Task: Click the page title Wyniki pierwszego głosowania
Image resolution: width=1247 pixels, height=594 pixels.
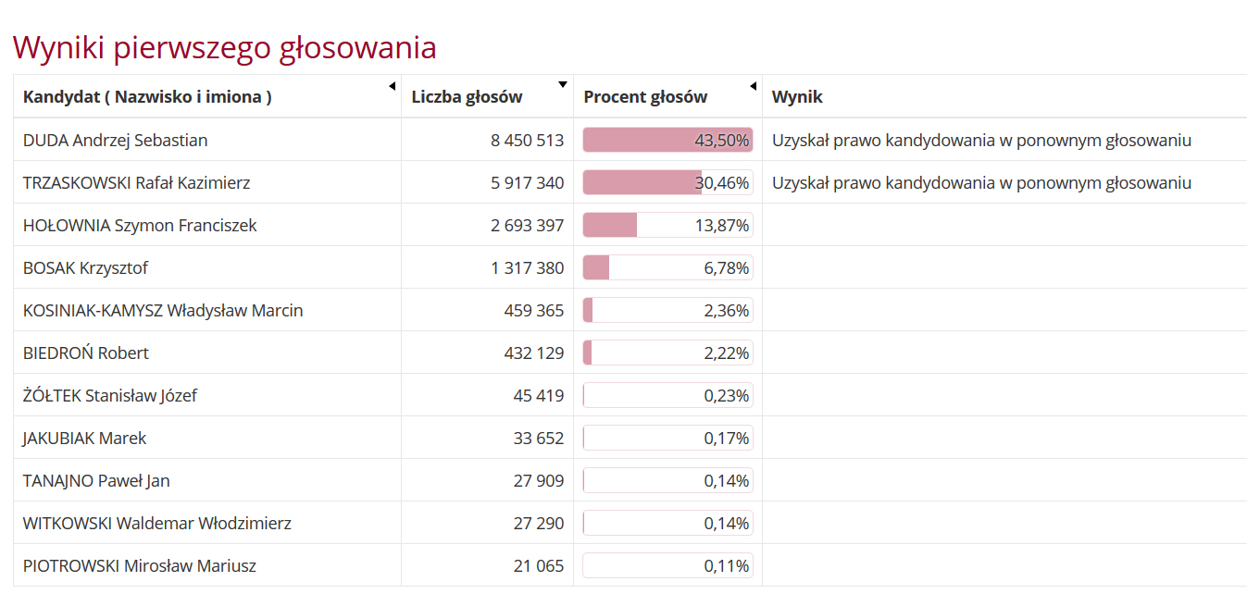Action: (224, 47)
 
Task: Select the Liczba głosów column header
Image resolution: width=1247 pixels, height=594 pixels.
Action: (467, 97)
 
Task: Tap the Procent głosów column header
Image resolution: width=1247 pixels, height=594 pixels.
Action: (645, 97)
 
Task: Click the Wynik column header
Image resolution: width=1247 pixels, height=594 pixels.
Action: (797, 97)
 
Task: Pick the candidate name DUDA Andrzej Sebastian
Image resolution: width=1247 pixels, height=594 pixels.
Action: (115, 141)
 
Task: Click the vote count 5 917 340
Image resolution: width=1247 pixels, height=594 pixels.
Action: (527, 183)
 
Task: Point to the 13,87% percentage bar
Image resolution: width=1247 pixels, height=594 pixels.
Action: (667, 226)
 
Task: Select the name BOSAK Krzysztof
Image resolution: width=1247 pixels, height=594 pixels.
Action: (85, 268)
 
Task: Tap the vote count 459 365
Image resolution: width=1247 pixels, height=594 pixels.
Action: (533, 311)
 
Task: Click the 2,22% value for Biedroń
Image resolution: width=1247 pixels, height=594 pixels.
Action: (727, 353)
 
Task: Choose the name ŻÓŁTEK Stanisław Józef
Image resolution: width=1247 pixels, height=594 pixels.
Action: (109, 396)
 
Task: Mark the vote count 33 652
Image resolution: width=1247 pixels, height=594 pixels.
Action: (538, 439)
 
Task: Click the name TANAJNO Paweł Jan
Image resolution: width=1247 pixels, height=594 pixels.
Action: (96, 481)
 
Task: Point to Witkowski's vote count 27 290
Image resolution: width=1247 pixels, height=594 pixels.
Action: (538, 524)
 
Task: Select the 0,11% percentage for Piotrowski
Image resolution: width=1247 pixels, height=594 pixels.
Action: (727, 566)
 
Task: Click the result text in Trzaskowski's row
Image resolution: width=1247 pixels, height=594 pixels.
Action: (981, 183)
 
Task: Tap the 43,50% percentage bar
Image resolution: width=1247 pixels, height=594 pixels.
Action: (667, 141)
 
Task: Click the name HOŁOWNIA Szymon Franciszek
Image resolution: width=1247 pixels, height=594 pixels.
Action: (140, 226)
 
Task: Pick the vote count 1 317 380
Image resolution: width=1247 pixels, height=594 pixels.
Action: (527, 268)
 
